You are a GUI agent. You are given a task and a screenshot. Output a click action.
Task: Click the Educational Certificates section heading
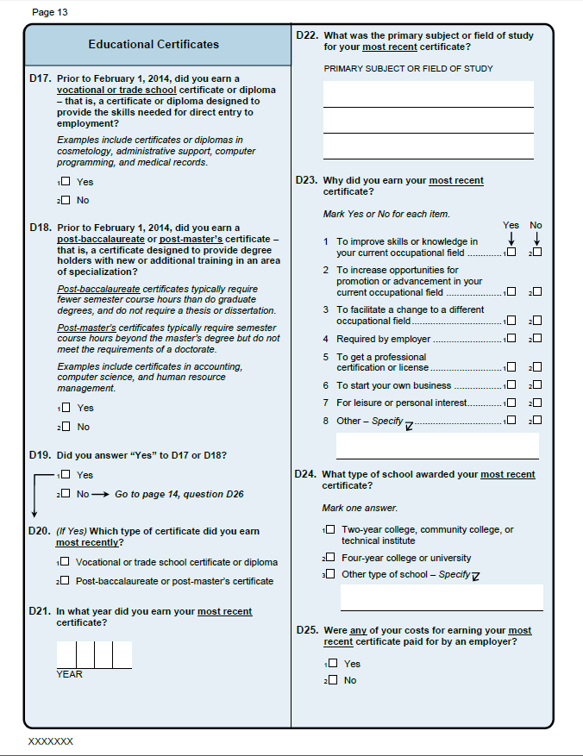(154, 44)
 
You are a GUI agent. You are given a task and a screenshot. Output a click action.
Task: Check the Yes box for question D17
(66, 182)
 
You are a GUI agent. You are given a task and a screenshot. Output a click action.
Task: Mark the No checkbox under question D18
(66, 427)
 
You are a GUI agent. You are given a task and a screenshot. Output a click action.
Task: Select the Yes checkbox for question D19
(66, 475)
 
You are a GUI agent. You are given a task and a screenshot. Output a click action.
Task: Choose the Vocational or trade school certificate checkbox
(66, 562)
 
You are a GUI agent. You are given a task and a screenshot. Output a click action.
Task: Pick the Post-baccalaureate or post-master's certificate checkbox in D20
(66, 581)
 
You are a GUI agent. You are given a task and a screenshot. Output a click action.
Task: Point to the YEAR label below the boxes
(70, 674)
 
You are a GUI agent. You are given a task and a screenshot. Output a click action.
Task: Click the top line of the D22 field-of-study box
(428, 94)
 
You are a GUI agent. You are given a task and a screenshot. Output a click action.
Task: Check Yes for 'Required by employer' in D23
(511, 339)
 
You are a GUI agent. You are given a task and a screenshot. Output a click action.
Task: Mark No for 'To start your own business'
(537, 385)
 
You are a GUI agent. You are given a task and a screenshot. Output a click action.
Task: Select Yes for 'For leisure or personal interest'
(511, 403)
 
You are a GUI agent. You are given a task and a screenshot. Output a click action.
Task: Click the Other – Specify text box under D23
(436, 446)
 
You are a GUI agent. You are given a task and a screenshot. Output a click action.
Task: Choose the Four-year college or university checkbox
(330, 558)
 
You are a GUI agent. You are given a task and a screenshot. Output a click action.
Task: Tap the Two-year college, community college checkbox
(330, 529)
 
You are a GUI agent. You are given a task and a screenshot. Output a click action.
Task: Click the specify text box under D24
(441, 597)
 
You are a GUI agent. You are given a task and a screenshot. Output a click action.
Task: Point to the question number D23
(306, 181)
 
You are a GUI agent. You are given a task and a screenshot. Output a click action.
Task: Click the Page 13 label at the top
(49, 12)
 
